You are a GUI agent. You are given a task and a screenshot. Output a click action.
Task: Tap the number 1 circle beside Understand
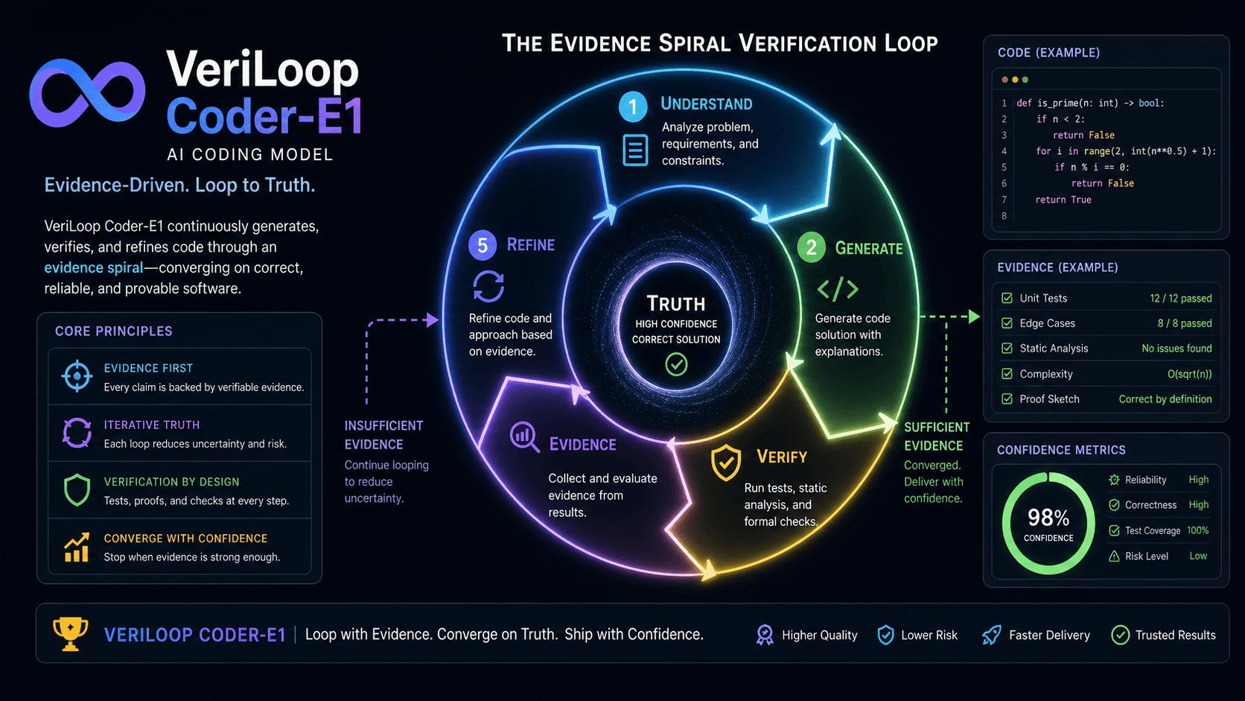[x=633, y=107]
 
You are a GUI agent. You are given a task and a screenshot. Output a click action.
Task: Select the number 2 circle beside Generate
[x=811, y=247]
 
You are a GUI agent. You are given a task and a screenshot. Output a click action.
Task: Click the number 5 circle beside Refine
[x=482, y=245]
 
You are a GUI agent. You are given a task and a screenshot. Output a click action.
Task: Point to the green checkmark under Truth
[x=676, y=365]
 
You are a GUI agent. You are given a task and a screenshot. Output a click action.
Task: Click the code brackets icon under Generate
[x=838, y=288]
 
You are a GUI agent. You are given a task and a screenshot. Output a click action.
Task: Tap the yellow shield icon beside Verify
[x=726, y=462]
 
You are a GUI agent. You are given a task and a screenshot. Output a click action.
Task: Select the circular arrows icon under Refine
[x=488, y=286]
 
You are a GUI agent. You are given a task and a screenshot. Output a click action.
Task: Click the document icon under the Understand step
[x=634, y=150]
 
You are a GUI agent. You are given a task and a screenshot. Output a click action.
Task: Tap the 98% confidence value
[x=1048, y=518]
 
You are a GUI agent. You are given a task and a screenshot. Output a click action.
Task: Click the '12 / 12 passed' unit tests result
[x=1180, y=299]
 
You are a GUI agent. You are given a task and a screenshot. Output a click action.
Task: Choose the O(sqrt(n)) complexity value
[x=1189, y=374]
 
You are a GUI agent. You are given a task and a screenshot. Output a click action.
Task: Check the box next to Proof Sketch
[x=1007, y=399]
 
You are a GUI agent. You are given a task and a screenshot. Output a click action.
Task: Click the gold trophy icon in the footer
[x=70, y=634]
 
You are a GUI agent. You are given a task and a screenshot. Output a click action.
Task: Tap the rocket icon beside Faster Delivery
[x=992, y=635]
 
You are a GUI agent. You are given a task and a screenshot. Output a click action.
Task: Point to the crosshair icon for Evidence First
[x=77, y=376]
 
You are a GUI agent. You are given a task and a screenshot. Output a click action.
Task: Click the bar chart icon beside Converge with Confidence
[x=77, y=548]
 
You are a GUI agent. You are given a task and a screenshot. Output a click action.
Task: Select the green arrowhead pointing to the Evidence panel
[x=974, y=317]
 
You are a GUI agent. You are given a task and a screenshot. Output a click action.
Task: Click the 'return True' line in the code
[x=1063, y=200]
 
